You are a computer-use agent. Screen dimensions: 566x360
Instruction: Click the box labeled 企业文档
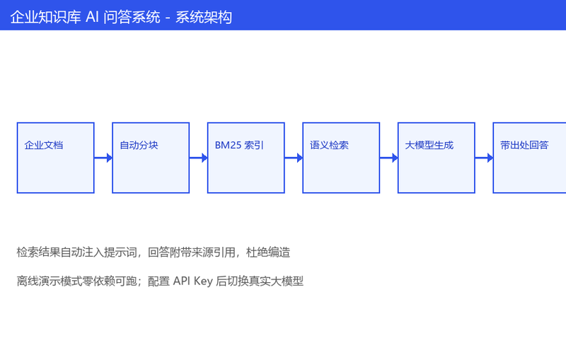[x=56, y=158]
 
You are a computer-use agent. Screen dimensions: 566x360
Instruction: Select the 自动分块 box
[x=151, y=158]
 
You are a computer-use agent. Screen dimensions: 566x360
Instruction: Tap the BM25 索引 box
[x=246, y=158]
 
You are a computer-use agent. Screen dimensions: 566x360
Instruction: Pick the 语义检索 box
[x=341, y=158]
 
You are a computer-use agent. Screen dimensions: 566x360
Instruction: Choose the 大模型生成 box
[x=437, y=158]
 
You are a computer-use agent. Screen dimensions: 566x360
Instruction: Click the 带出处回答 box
[x=529, y=158]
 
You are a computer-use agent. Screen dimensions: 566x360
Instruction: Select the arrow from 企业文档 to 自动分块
[x=103, y=158]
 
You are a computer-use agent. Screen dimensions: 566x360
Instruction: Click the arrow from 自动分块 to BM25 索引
[x=199, y=158]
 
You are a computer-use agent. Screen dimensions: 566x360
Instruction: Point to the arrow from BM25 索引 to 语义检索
[x=294, y=158]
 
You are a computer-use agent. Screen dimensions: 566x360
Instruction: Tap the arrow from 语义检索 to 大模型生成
[x=388, y=158]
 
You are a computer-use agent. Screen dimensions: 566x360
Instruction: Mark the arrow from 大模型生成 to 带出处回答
[x=484, y=158]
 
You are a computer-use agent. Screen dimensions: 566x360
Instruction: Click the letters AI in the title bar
[x=92, y=17]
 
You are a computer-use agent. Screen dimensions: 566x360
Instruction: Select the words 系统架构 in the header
[x=204, y=17]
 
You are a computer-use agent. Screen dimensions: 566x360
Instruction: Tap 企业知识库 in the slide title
[x=45, y=17]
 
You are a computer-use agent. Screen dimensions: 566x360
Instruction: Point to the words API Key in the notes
[x=193, y=281]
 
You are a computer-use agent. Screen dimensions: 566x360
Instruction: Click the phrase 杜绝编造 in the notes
[x=268, y=252]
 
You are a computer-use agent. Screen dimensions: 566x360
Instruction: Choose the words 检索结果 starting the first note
[x=38, y=252]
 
